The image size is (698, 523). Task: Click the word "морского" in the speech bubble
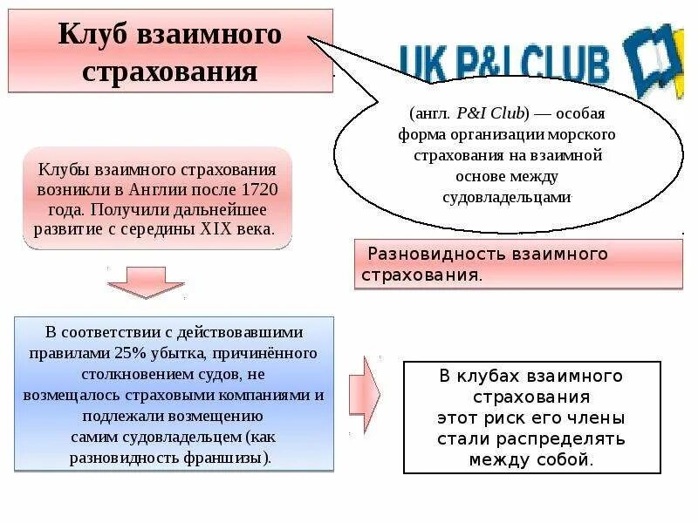586,135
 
